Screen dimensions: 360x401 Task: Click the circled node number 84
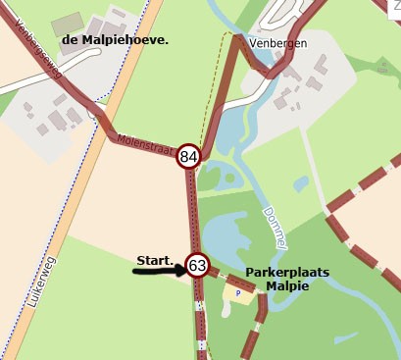189,156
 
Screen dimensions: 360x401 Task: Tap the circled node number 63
197,266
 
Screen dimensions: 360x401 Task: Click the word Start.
155,260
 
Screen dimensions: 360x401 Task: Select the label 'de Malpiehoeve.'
115,40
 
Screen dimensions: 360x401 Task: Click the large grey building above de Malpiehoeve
69,23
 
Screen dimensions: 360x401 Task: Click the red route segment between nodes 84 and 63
192,211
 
